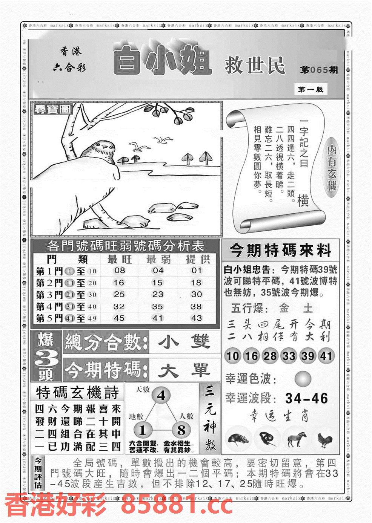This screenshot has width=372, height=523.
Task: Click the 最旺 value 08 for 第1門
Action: point(119,270)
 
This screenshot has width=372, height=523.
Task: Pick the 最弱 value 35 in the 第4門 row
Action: point(157,306)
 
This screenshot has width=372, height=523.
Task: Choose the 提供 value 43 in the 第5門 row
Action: point(196,318)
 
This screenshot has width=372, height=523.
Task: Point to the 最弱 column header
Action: point(158,259)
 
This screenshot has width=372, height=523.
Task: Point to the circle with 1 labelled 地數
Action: point(142,430)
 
